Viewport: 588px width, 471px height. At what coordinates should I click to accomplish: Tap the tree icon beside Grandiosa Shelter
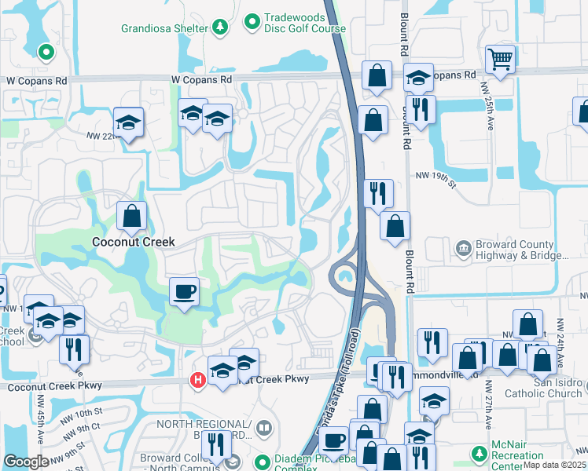coord(221,28)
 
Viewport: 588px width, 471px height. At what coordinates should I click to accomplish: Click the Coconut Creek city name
coord(133,242)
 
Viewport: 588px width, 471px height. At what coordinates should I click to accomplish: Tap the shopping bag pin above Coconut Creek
coord(132,214)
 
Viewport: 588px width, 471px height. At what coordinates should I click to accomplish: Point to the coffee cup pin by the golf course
coord(185,292)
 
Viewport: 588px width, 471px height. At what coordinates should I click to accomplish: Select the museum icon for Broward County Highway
coord(464,249)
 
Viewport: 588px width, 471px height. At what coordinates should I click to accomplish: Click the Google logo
coord(25,462)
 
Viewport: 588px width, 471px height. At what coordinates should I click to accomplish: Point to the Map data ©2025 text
coord(554,465)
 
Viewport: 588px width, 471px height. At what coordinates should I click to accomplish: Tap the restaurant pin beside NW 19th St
coord(378,192)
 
